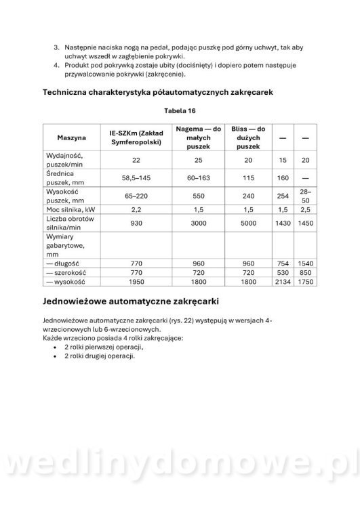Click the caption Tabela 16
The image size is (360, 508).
point(180,110)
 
